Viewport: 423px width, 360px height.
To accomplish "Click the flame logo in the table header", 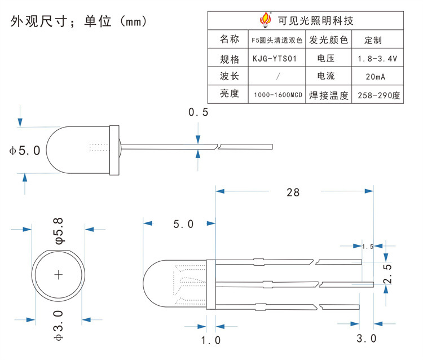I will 265,20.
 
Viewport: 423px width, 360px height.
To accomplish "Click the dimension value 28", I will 293,192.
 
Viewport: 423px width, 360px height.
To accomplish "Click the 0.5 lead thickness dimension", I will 198,112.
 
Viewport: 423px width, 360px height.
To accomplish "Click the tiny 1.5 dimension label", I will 368,247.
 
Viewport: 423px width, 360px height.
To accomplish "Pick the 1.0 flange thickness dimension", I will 211,340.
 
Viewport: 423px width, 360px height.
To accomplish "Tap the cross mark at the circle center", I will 59,275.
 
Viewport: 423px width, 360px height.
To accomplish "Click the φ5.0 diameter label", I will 25,150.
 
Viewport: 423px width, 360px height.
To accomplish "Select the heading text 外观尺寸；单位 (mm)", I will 79,21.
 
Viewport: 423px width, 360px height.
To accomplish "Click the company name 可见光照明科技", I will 316,21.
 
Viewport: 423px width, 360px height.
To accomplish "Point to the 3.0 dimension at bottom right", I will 367,339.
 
